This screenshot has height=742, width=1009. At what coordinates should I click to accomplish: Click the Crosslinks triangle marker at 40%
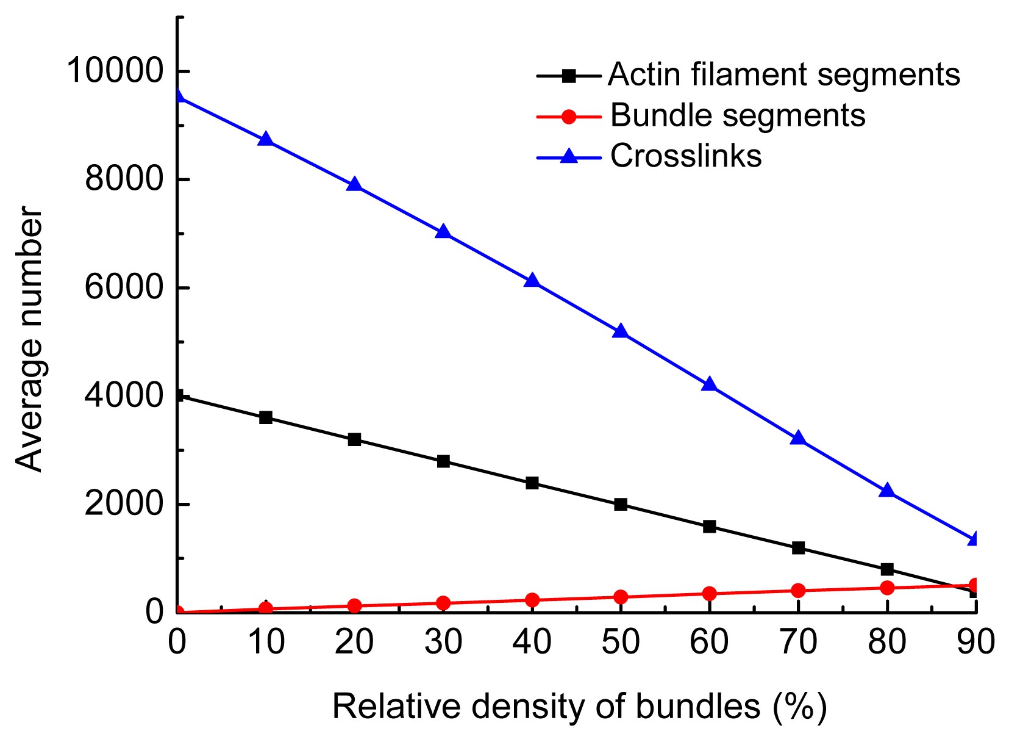[532, 281]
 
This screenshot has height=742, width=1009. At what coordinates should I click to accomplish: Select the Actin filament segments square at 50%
[621, 504]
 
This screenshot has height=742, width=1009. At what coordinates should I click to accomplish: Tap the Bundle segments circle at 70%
[798, 590]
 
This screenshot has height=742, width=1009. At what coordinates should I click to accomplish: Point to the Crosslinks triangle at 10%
[265, 139]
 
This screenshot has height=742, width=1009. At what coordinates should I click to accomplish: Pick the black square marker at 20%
[354, 439]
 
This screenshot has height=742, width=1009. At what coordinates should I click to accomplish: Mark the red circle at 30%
[443, 603]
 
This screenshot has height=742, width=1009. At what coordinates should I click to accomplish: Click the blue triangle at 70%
[798, 438]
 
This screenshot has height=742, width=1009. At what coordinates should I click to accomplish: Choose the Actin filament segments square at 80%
[887, 569]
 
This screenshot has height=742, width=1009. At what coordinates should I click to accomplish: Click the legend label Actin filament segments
[784, 74]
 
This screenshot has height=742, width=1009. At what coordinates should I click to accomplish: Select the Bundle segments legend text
[738, 115]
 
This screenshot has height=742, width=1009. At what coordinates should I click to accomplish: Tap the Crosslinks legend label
[686, 156]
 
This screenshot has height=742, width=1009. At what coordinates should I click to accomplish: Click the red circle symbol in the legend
[568, 116]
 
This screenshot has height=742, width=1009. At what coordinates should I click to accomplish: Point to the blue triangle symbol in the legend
[568, 156]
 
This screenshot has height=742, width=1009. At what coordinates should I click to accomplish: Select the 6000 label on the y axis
[124, 287]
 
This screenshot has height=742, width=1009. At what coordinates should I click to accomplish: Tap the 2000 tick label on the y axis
[124, 504]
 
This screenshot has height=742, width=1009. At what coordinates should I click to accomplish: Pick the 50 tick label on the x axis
[621, 643]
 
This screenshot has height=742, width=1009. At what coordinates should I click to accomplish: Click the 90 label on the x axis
[975, 643]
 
